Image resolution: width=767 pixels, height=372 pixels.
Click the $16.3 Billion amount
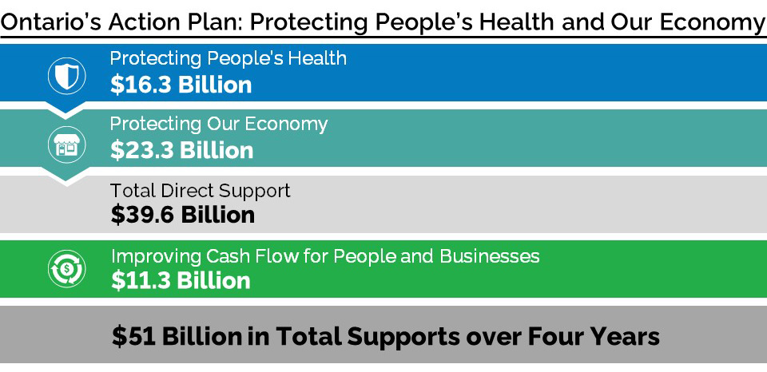[x=181, y=85]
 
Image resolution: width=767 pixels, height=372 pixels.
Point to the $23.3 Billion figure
[x=181, y=150]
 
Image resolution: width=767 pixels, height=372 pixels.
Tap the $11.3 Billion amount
[x=180, y=280]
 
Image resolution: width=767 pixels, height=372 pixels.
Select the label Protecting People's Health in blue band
[x=228, y=59]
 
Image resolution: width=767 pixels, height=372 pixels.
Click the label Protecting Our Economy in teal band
[x=218, y=125]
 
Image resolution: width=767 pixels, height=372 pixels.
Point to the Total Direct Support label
[x=200, y=191]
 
